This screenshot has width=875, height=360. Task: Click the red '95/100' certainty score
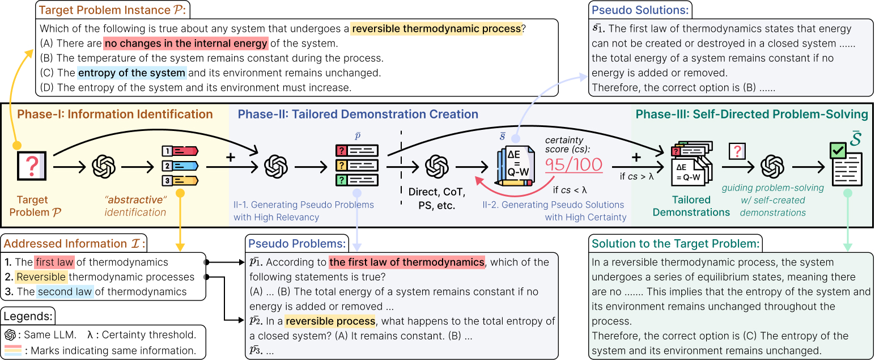[x=574, y=164]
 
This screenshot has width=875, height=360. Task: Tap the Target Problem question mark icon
[x=32, y=166]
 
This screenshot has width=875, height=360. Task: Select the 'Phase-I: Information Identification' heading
[x=115, y=114]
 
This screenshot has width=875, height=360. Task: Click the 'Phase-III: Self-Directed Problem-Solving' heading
[x=752, y=114]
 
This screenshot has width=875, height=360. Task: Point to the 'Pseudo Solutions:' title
[x=640, y=10]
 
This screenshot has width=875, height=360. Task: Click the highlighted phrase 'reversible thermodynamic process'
[x=436, y=28]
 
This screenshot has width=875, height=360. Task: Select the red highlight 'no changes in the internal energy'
[x=186, y=43]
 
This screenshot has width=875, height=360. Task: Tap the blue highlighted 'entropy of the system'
[x=131, y=73]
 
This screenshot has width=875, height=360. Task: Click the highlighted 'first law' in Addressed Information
[x=54, y=262]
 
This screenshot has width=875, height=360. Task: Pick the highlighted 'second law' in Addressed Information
[x=65, y=291]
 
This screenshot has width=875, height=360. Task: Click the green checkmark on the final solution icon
[x=838, y=150]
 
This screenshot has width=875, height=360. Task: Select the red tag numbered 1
[x=180, y=151]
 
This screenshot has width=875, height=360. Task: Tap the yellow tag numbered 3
[x=180, y=180]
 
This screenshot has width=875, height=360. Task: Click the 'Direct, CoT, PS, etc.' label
[x=437, y=198]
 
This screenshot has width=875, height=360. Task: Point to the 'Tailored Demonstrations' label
[x=691, y=206]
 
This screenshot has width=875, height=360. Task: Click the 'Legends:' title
[x=28, y=316]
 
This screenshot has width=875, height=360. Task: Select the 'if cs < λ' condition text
[x=570, y=190]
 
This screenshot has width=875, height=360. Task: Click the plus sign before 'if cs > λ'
[x=636, y=157]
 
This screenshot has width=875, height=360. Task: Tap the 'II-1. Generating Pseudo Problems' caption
[x=304, y=205]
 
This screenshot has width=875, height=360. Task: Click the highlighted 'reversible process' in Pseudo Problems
[x=330, y=321]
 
